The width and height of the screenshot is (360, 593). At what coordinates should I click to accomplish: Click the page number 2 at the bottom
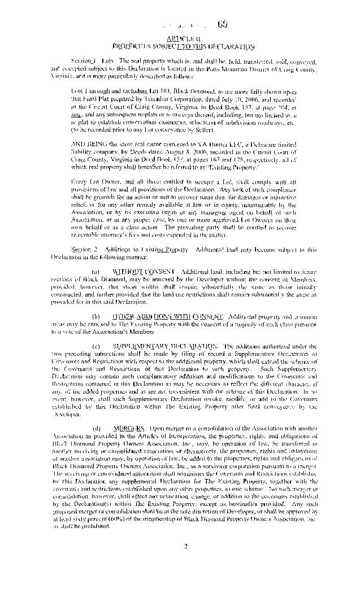(185, 546)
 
